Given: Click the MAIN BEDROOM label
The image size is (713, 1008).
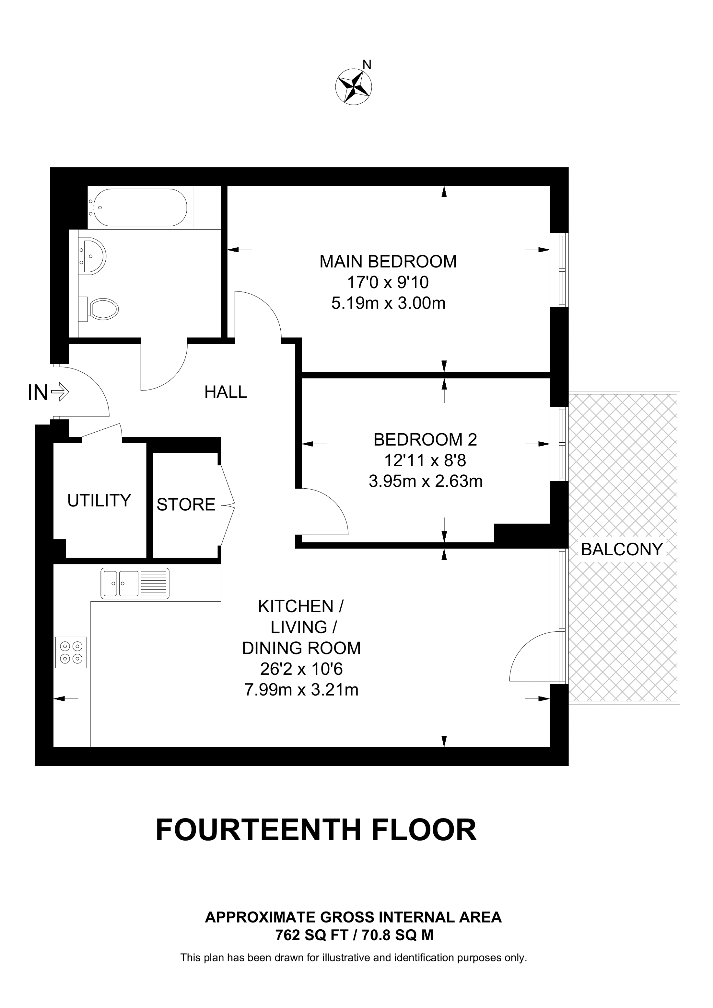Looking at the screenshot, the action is (388, 262).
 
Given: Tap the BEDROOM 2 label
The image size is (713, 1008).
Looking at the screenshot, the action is (425, 439).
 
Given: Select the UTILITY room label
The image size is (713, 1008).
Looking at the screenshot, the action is (99, 501).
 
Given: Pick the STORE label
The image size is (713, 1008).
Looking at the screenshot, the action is (186, 505).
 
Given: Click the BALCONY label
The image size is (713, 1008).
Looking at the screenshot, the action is (622, 549).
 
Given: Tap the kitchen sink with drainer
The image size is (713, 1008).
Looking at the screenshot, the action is (135, 583).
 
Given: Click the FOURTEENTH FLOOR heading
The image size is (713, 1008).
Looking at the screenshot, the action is (316, 830).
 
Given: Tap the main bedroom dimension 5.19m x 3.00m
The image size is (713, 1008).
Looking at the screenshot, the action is (388, 303).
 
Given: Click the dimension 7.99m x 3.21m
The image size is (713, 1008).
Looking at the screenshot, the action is (301, 690).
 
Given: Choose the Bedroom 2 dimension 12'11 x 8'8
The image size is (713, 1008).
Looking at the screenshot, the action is (425, 460).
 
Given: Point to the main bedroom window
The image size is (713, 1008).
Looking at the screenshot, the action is (559, 269).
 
